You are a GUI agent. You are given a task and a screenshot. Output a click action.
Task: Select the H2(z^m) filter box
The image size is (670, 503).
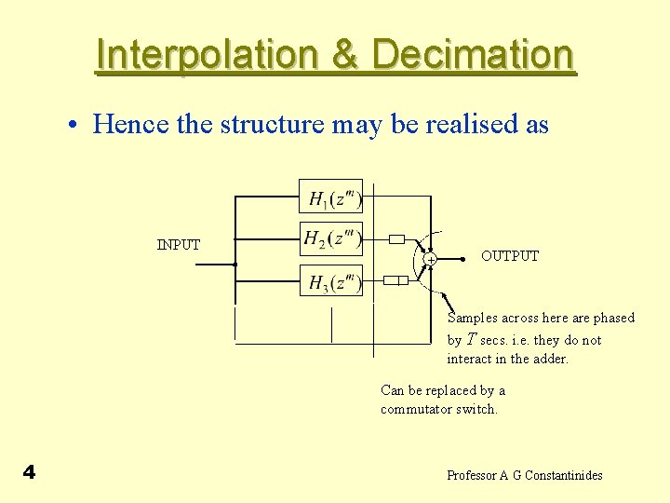point(330,238)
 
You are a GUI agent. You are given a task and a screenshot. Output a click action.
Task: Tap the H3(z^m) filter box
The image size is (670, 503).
point(330,280)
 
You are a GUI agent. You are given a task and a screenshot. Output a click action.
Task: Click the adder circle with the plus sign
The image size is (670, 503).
point(430,259)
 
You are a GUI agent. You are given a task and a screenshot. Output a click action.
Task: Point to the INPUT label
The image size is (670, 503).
point(179,245)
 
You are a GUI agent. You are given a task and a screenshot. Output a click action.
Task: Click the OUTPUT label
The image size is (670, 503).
point(510,256)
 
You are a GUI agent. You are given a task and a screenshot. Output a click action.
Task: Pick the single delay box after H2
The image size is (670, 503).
point(396,239)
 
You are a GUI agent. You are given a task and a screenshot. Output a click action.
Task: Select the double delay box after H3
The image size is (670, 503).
point(396,280)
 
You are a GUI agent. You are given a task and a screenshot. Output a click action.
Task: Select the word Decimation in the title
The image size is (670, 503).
point(473,55)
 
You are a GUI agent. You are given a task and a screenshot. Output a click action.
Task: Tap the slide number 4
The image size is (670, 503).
point(29,472)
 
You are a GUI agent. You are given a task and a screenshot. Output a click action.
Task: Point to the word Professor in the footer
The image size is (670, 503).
point(472,475)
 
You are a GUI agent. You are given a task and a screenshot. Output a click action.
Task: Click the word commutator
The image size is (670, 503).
point(415,409)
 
